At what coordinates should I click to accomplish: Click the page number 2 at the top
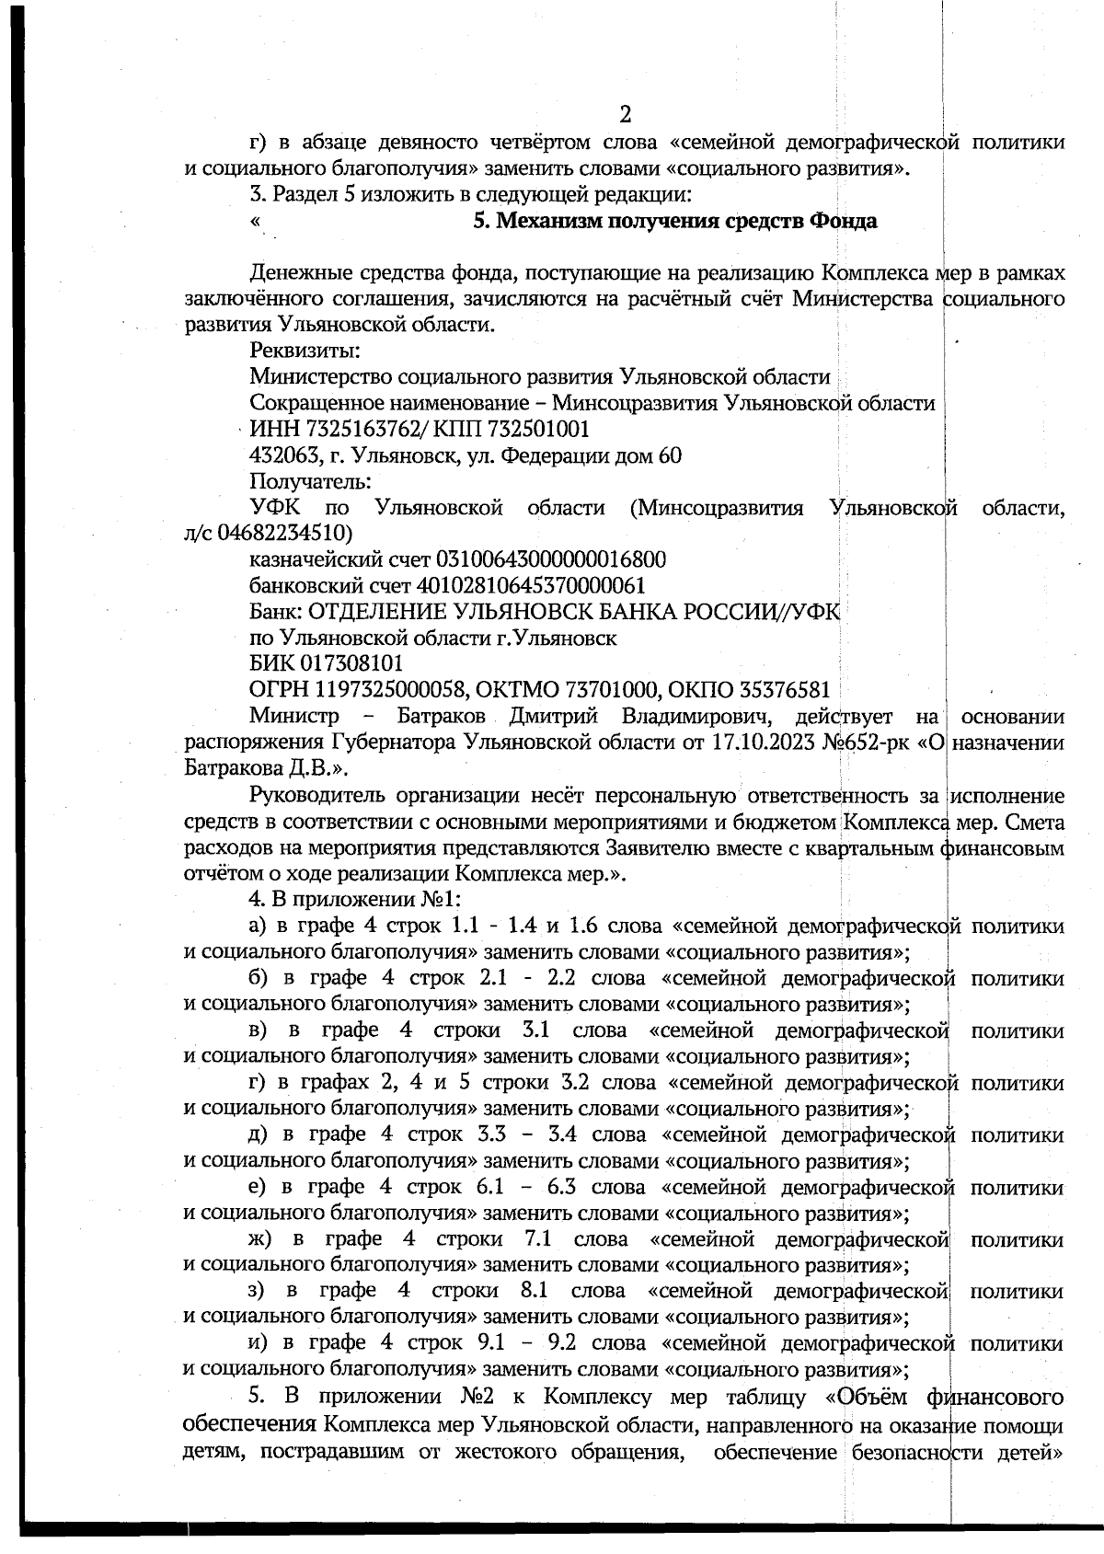point(625,115)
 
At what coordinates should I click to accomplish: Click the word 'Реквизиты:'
point(304,351)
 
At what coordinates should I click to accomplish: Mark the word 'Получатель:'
point(310,481)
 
